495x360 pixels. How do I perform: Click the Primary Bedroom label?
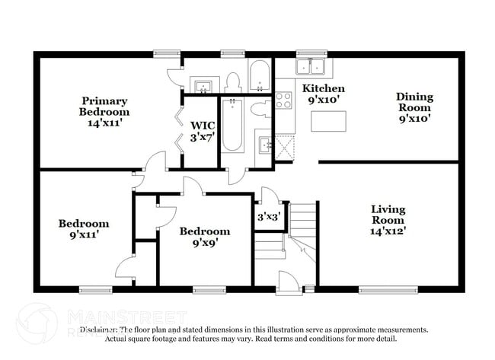[x=105, y=111]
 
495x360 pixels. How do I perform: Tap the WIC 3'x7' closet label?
[x=203, y=131]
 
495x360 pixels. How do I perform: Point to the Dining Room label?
[x=414, y=107]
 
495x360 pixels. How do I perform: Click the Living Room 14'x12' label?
[x=388, y=220]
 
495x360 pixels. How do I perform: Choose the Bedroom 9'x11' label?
[x=84, y=229]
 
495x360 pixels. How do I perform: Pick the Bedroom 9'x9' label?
[x=204, y=237]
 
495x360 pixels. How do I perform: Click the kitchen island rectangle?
[x=328, y=120]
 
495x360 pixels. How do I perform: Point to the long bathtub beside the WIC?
[x=232, y=126]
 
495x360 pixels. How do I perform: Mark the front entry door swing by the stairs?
[x=289, y=282]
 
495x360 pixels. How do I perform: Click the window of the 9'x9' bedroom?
[x=209, y=289]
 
